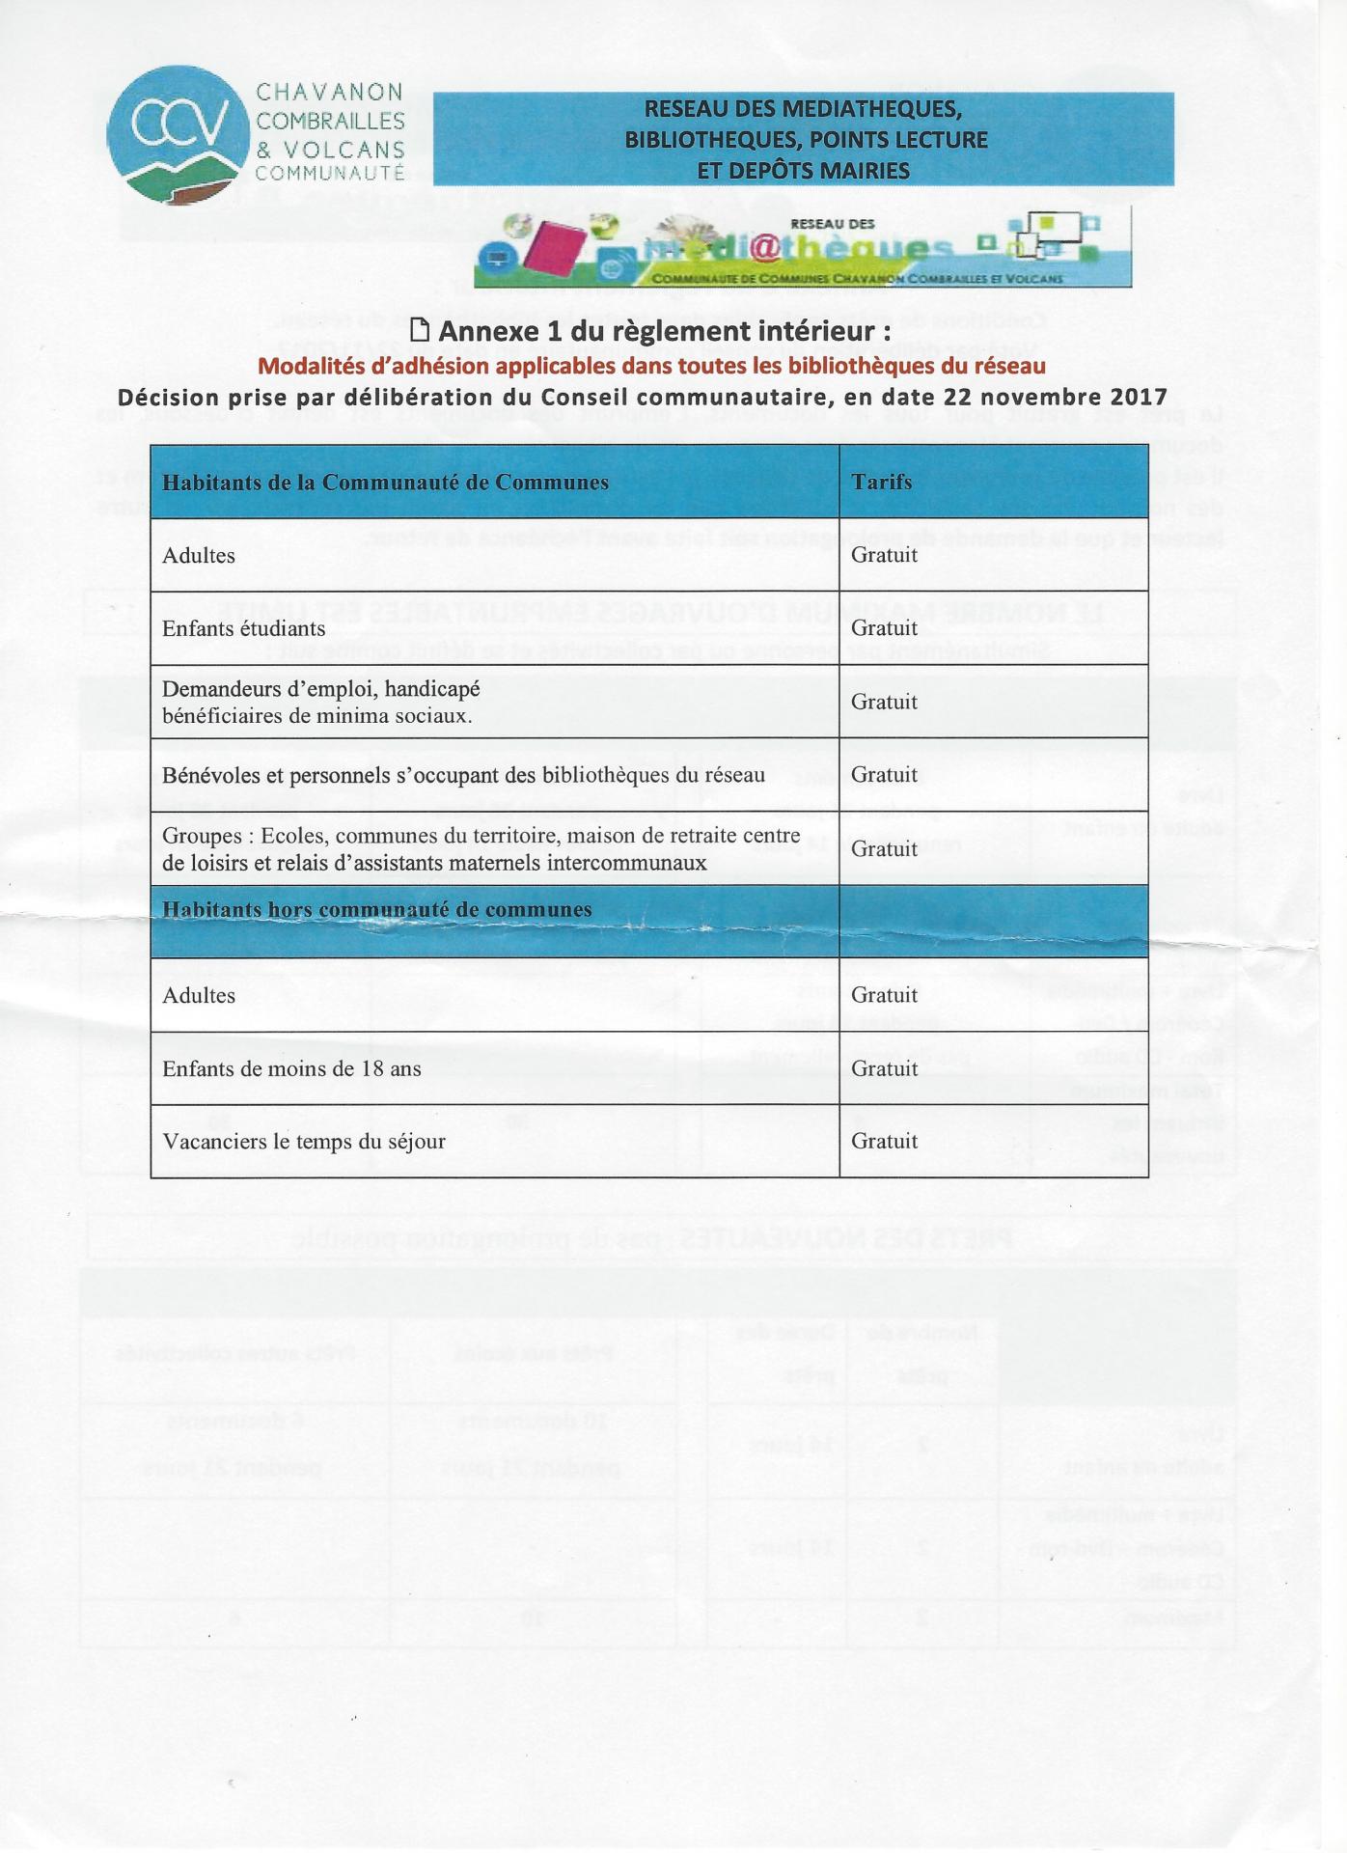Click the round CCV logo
click(x=178, y=134)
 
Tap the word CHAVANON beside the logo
click(x=329, y=93)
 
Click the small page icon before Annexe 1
click(x=420, y=330)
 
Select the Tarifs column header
click(x=881, y=482)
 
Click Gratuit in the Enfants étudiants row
click(x=884, y=628)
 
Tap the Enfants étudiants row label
click(x=243, y=629)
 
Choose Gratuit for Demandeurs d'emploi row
click(x=884, y=702)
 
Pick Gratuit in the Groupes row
click(x=884, y=848)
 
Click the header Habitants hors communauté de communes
click(x=376, y=910)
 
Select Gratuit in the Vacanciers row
click(x=884, y=1141)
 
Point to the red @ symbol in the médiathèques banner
click(x=763, y=248)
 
